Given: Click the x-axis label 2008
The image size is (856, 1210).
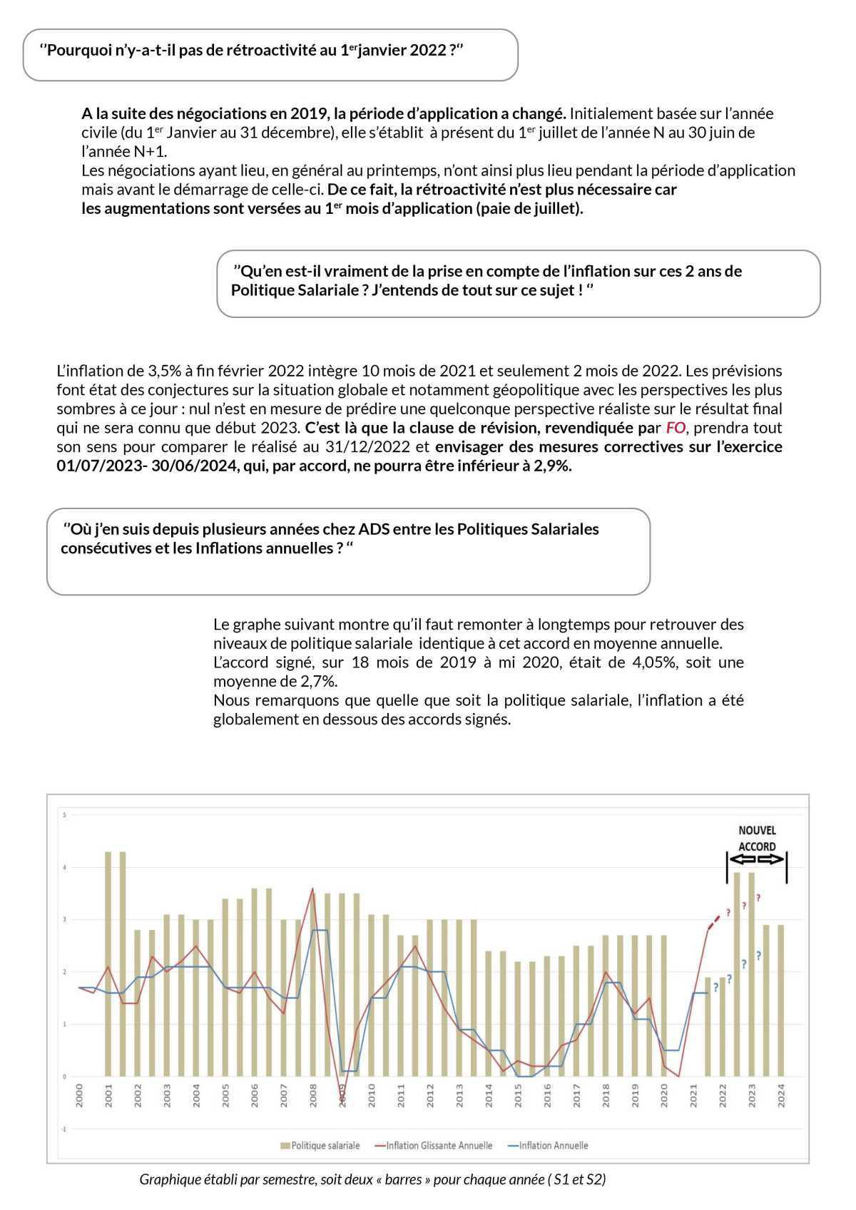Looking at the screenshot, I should [313, 1096].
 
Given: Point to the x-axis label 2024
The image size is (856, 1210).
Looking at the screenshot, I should [781, 1096].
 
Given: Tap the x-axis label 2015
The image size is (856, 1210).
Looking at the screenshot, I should [518, 1096].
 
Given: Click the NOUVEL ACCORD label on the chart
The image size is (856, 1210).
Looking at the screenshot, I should [757, 839].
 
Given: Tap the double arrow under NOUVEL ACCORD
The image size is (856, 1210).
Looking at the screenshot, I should [757, 859].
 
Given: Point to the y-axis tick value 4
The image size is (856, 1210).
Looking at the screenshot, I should [64, 868].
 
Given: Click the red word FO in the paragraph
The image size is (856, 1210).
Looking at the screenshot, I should [674, 428].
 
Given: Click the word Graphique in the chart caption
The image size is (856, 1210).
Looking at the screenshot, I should [170, 1179].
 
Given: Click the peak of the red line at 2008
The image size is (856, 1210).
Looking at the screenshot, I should [312, 888].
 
